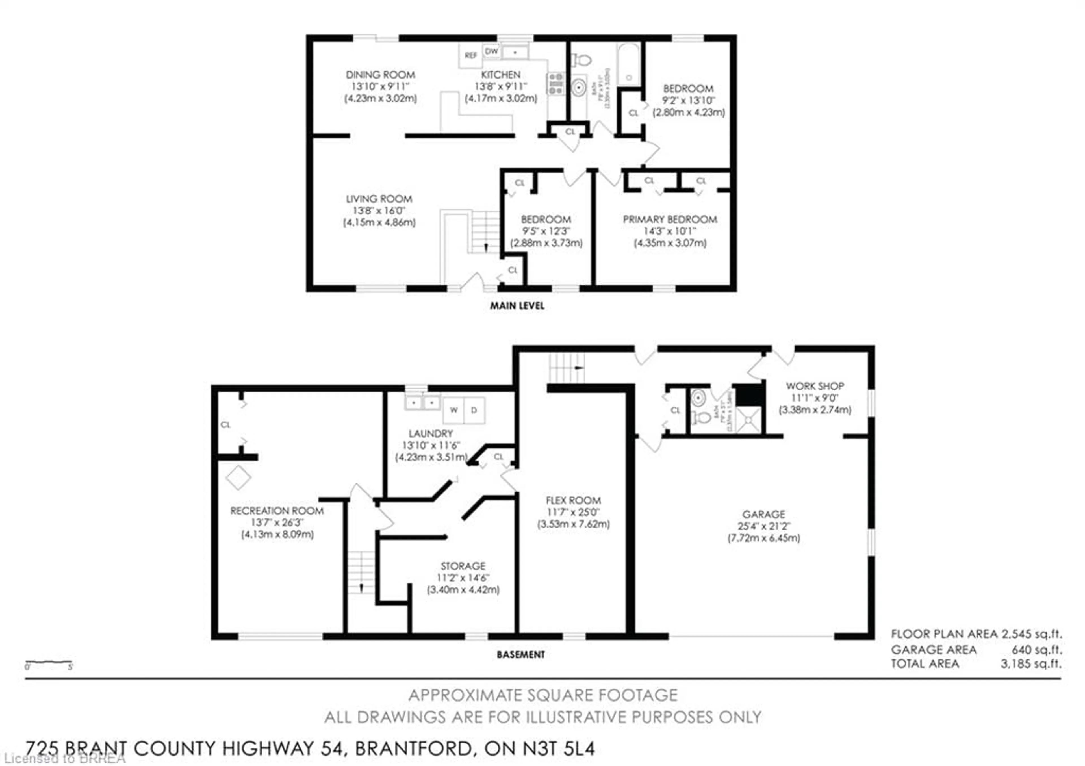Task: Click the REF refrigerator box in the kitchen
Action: pos(470,56)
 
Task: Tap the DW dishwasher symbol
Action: pos(491,51)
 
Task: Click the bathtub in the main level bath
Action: pos(628,65)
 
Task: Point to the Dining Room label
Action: pos(380,75)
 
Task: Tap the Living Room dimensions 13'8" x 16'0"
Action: pos(379,211)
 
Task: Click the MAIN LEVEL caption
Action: pos(517,306)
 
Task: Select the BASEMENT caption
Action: pos(520,654)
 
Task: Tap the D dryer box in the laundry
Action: pos(474,410)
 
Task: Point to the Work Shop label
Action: pos(815,386)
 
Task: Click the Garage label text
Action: pos(763,514)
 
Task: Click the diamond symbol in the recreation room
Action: pos(238,478)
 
